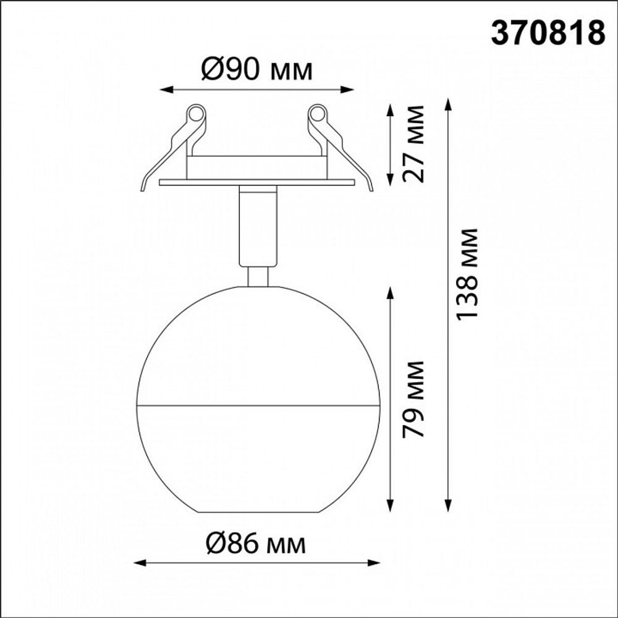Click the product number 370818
pyautogui.click(x=548, y=33)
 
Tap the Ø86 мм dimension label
pyautogui.click(x=256, y=544)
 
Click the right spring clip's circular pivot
pyautogui.click(x=317, y=114)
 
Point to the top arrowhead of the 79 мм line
pyautogui.click(x=391, y=291)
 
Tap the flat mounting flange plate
pyautogui.click(x=256, y=182)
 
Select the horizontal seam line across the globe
pyautogui.click(x=256, y=406)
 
